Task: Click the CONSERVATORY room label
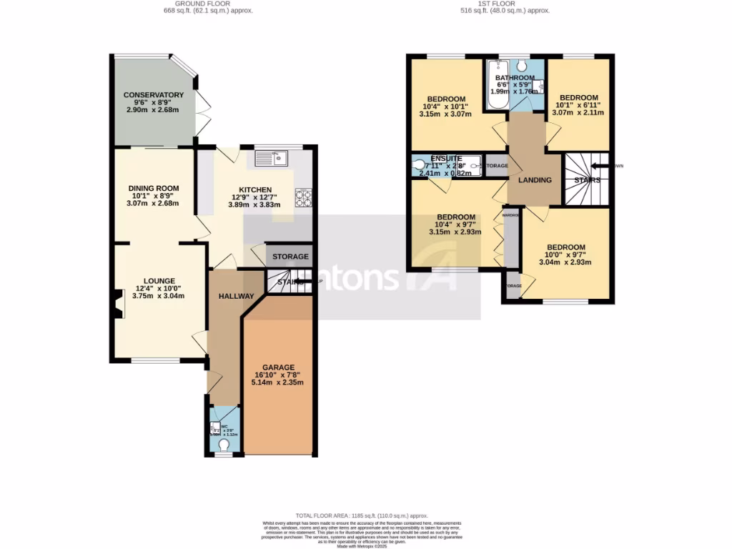(153, 95)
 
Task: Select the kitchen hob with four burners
(304, 197)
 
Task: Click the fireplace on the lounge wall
(114, 301)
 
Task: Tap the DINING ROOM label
(153, 188)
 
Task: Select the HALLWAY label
(237, 296)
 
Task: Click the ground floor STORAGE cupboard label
(290, 257)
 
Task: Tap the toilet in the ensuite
(420, 166)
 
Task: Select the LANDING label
(535, 180)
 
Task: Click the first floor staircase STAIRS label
(587, 180)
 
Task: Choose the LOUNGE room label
(159, 281)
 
